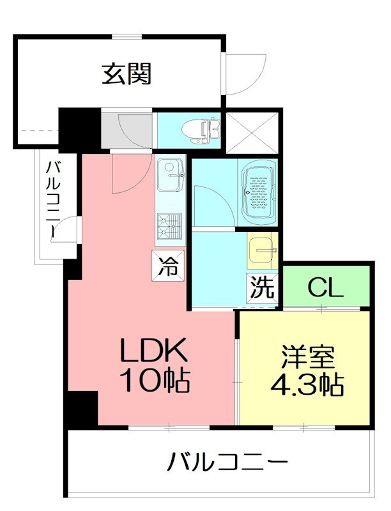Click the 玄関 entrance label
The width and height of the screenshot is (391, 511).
pos(126,74)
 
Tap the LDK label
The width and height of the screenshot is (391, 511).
pos(154,351)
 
